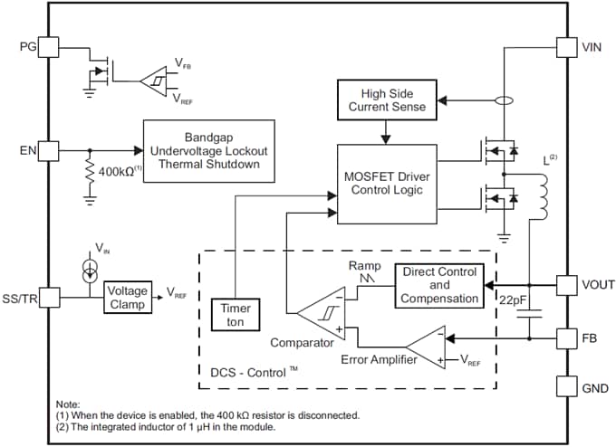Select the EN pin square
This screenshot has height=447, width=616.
click(x=49, y=151)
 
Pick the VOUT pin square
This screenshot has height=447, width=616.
click(x=566, y=284)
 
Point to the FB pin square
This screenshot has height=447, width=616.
click(x=566, y=340)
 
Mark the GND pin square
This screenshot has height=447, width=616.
click(x=566, y=388)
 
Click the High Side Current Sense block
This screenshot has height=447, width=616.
click(x=387, y=100)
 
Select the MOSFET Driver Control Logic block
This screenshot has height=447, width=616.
click(x=386, y=184)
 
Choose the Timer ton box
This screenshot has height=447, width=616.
click(x=234, y=313)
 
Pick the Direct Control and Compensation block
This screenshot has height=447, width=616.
click(x=438, y=284)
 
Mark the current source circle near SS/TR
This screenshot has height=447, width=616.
click(x=87, y=270)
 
